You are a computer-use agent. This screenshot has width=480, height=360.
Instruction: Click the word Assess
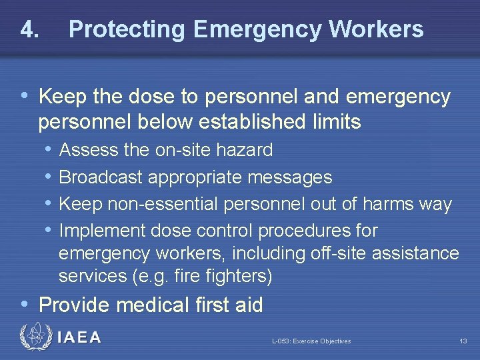[89, 150]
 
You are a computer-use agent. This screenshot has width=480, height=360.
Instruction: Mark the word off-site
[335, 253]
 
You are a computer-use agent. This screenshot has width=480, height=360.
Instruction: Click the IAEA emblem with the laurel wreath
[34, 337]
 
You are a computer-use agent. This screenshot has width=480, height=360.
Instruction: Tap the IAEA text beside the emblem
[79, 337]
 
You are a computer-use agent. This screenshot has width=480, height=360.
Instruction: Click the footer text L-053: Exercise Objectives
[311, 341]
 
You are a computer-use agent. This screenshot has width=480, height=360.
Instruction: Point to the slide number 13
[463, 341]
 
